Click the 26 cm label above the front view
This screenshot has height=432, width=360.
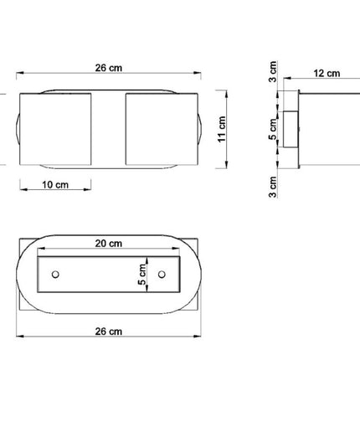(x=109, y=68)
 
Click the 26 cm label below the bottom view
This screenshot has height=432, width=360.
(x=109, y=332)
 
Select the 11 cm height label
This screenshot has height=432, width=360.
(x=222, y=129)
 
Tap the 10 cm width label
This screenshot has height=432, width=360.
(x=55, y=185)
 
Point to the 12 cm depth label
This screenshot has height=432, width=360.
(x=327, y=74)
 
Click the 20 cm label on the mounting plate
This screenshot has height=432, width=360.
(x=109, y=244)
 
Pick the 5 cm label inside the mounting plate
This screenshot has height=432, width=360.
(x=142, y=275)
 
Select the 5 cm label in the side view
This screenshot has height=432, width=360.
(x=273, y=129)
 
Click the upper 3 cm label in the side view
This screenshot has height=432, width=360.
(x=273, y=72)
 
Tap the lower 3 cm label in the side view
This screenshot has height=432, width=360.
(x=273, y=187)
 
